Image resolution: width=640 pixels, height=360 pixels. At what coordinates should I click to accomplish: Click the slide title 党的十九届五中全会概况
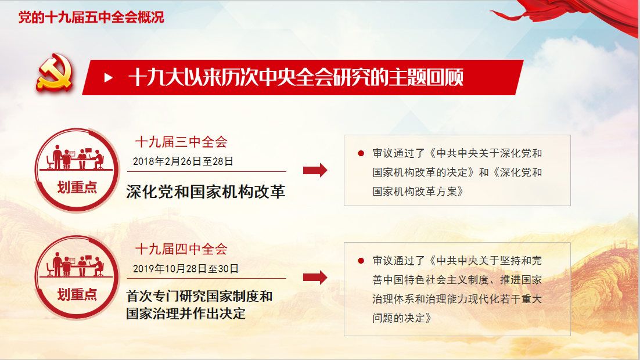click(x=91, y=17)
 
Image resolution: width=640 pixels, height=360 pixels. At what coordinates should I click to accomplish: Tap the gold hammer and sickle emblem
click(x=55, y=72)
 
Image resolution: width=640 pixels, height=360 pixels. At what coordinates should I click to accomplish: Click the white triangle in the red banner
click(x=108, y=78)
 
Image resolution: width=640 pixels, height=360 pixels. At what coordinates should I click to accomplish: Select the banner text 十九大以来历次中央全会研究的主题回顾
click(x=296, y=78)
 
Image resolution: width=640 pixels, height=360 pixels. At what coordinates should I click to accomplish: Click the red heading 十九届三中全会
click(x=181, y=142)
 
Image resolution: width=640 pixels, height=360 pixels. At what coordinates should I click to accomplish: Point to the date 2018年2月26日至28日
click(x=183, y=161)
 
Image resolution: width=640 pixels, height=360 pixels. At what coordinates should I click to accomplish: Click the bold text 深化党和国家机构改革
click(x=206, y=192)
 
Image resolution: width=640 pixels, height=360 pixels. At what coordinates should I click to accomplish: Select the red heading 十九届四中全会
click(x=181, y=249)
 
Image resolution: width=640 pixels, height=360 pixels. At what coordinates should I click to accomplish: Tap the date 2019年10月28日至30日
click(x=186, y=269)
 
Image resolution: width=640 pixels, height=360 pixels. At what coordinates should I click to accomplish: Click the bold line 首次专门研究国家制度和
click(x=199, y=296)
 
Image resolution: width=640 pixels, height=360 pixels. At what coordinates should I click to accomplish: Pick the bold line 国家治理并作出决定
click(x=186, y=314)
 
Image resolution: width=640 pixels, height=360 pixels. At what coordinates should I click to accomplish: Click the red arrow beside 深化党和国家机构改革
click(x=315, y=170)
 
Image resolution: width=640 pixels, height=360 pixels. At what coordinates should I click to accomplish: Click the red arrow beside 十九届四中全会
click(x=315, y=278)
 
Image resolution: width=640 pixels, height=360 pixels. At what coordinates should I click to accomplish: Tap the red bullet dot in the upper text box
click(x=361, y=153)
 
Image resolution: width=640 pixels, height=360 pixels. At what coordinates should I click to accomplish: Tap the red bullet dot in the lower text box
click(x=361, y=261)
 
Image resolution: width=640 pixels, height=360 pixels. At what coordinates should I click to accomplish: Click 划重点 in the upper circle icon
click(x=77, y=188)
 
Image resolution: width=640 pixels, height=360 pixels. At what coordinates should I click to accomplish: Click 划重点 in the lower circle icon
click(x=77, y=294)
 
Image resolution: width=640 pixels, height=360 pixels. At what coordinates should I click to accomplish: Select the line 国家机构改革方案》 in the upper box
click(x=418, y=192)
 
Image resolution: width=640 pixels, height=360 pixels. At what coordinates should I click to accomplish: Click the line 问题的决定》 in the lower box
click(x=402, y=318)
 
